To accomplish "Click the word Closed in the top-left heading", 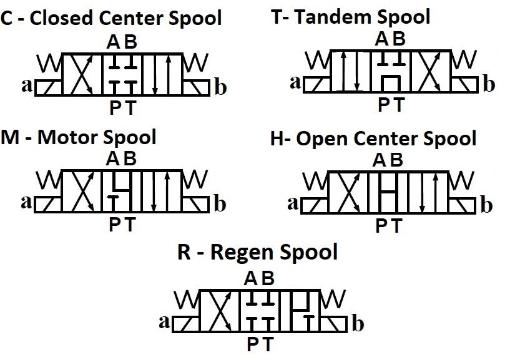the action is (62, 17).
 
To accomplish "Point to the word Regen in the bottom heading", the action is (242, 253).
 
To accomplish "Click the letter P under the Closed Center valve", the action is (115, 108).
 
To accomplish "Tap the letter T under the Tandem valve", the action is (399, 105).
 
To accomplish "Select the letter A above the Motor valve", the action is (113, 159).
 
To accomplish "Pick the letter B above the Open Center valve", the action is (396, 160).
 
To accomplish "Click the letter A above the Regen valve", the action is (251, 278).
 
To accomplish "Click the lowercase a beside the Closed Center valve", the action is (27, 86).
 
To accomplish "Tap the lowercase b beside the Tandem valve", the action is (489, 84).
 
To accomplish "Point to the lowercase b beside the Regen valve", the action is (358, 323).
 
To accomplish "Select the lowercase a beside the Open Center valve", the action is (293, 203).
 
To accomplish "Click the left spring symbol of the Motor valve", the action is (49, 180).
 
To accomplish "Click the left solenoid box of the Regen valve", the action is (186, 324).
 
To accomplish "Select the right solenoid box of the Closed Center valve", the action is (196, 88).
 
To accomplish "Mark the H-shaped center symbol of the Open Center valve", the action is (388, 193).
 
